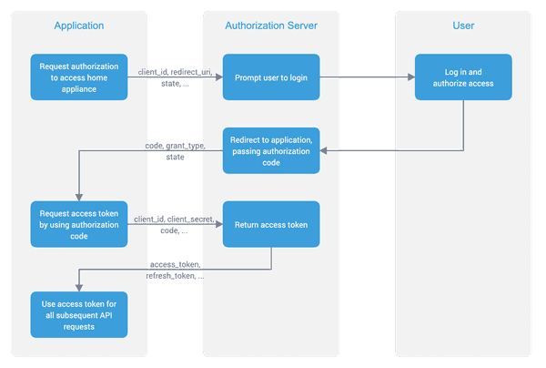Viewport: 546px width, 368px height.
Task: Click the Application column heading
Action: [x=77, y=26]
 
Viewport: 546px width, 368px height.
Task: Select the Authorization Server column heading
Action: [x=271, y=26]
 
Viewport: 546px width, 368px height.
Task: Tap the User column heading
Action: [x=463, y=26]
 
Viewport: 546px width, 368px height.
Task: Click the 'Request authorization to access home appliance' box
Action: [x=77, y=77]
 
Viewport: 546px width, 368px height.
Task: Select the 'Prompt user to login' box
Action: [x=271, y=77]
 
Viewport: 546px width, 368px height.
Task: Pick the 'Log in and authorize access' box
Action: [x=463, y=77]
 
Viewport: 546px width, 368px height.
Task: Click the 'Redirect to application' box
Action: [x=271, y=150]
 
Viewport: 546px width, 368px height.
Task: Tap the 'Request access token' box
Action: [x=77, y=223]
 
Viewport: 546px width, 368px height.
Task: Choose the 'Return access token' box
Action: [x=271, y=224]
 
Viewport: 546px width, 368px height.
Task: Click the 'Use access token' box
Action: [x=77, y=314]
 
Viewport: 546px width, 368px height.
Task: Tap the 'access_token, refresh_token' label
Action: [x=176, y=271]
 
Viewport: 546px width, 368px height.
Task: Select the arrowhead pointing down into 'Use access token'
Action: [x=77, y=287]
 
